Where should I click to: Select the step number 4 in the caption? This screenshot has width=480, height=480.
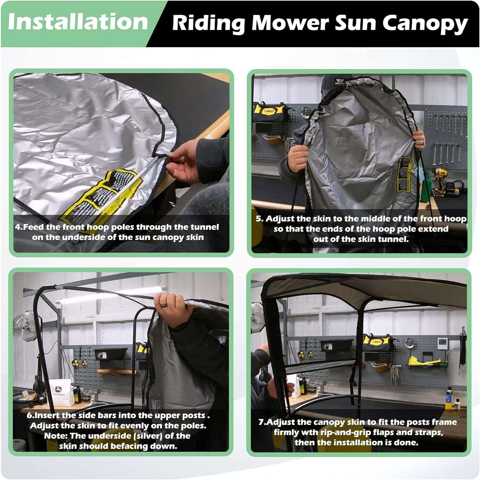[18, 227]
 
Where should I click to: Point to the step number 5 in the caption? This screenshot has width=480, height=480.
[259, 219]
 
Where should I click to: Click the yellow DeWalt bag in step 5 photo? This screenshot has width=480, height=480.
[269, 112]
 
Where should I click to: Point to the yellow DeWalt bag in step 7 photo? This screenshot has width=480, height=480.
[378, 344]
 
